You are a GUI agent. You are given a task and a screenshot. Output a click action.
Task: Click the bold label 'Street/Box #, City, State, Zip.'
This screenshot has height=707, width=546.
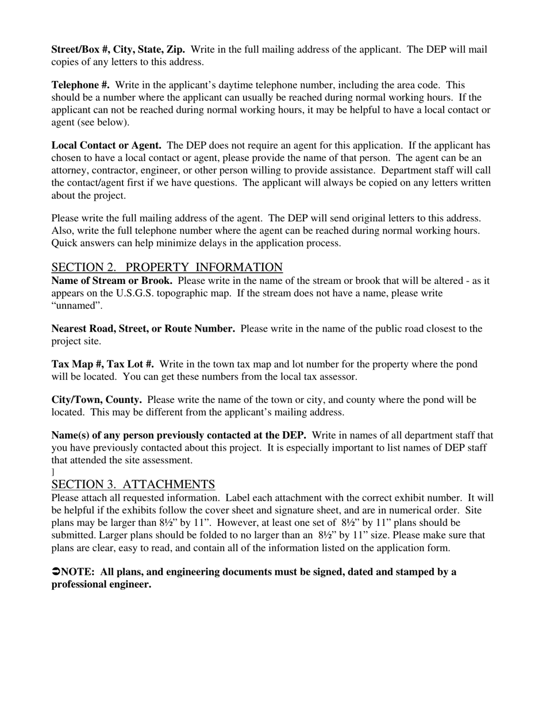[118, 49]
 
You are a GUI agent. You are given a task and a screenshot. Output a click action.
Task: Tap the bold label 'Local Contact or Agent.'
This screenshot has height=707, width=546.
[106, 145]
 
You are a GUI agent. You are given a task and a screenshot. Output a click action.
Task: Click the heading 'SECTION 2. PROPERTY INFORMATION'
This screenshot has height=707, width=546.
[167, 267]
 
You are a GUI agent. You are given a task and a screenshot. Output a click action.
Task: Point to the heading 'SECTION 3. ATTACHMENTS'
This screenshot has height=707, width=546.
[133, 484]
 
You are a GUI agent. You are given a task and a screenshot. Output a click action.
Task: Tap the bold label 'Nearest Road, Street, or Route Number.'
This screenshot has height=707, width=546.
[143, 329]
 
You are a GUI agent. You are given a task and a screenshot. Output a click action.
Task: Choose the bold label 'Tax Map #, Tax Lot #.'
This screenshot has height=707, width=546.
[102, 364]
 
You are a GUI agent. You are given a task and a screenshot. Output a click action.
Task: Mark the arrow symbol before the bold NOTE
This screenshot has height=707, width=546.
[56, 572]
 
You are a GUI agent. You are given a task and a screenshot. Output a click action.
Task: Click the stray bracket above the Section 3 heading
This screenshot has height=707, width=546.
[53, 472]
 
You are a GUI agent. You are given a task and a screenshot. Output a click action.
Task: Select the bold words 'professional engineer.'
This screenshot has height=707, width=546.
[101, 585]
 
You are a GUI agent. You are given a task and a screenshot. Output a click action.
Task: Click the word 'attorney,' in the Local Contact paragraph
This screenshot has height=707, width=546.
[70, 170]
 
